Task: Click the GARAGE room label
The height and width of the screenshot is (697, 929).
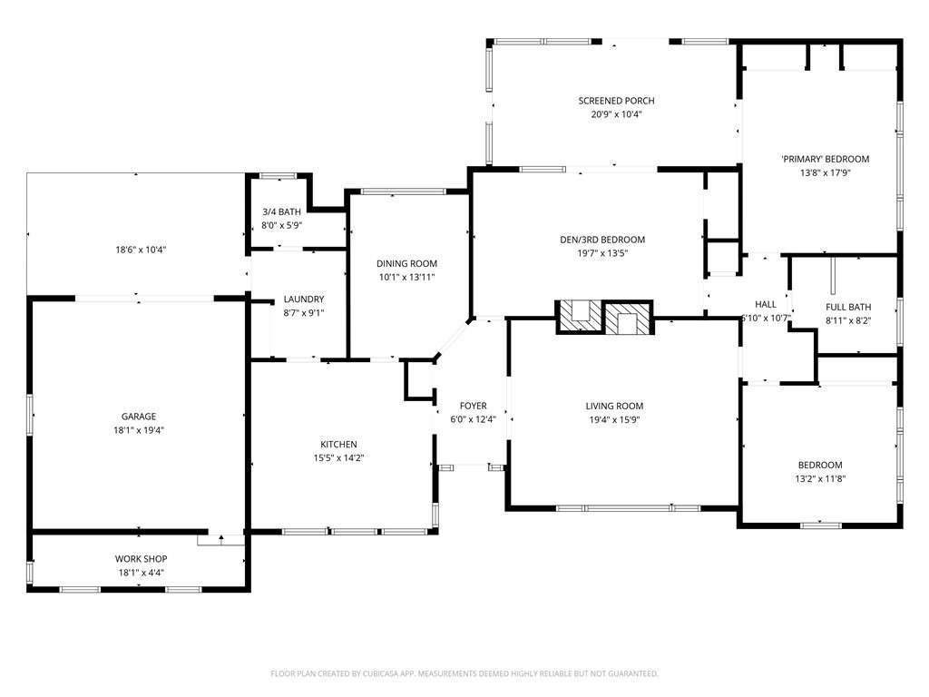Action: (139, 417)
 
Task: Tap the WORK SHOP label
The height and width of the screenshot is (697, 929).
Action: (141, 559)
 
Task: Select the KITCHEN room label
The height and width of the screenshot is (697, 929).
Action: (338, 444)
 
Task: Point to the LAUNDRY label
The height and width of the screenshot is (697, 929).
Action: (303, 299)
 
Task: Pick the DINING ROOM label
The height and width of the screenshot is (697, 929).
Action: (406, 264)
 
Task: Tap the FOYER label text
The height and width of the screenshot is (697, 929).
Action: (473, 406)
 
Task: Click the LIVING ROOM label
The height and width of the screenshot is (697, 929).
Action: (614, 407)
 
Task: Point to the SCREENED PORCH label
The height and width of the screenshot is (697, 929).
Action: (616, 101)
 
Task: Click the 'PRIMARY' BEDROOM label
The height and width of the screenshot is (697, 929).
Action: (825, 159)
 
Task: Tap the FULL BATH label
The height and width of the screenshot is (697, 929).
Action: (848, 307)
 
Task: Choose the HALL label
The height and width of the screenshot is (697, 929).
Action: (766, 304)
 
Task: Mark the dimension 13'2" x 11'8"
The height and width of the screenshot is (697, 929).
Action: (820, 478)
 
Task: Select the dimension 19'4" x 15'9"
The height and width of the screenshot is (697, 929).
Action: (614, 420)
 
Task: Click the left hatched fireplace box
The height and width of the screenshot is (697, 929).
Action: (578, 317)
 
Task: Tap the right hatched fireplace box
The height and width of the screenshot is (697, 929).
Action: (628, 317)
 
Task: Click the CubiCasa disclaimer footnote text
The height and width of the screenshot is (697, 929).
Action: (464, 673)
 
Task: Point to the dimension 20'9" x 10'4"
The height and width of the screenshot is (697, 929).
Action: (616, 114)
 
